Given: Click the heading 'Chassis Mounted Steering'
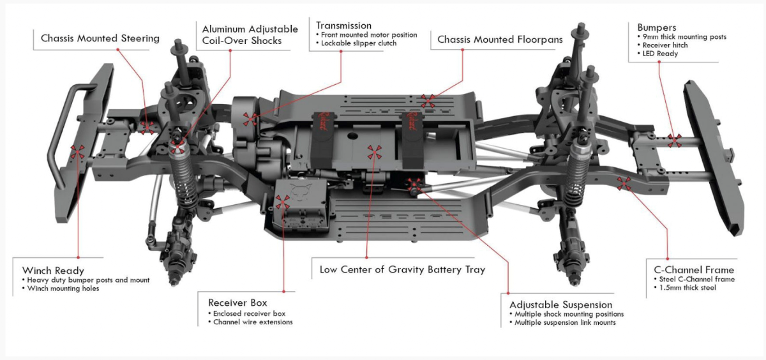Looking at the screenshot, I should [100, 38].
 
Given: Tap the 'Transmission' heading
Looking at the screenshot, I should [343, 26].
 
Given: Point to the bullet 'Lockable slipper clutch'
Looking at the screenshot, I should [359, 43].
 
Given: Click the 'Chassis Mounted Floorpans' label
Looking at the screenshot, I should [500, 40].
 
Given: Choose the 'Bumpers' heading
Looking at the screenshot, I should [656, 27].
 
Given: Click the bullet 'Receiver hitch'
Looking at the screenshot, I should [669, 45].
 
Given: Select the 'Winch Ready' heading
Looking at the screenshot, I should [53, 271].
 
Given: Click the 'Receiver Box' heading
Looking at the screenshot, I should [237, 303].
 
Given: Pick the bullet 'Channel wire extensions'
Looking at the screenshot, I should [253, 322].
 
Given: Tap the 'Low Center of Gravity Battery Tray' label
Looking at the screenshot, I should [402, 269].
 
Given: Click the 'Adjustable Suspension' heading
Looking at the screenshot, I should [560, 304].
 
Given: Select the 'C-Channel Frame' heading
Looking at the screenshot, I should [689, 270].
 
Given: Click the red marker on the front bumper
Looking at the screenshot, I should [78, 152].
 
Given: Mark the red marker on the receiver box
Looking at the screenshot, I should [283, 202].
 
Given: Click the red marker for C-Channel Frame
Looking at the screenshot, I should [624, 184].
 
